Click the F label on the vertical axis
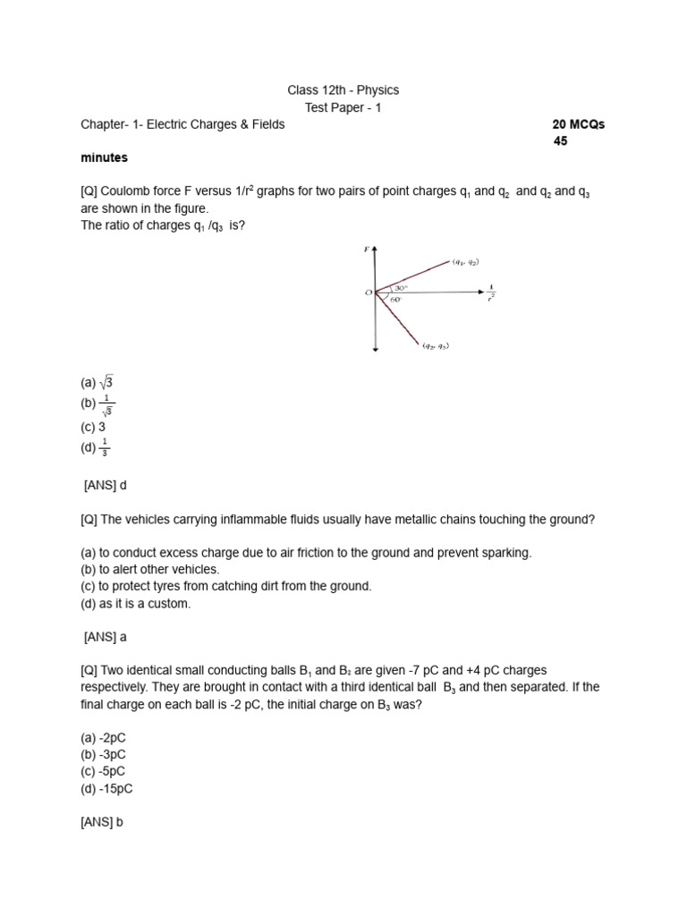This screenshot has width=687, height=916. (x=366, y=250)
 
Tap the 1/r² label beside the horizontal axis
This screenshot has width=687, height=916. (x=492, y=293)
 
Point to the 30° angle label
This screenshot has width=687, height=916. (x=401, y=287)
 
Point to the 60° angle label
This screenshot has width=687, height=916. (x=395, y=300)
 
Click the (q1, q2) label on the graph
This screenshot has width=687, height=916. (x=465, y=262)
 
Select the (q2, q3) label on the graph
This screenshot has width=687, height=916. (x=436, y=346)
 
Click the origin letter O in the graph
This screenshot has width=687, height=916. (x=368, y=293)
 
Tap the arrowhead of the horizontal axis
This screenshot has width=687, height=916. (x=480, y=291)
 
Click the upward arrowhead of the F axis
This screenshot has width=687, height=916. (x=376, y=249)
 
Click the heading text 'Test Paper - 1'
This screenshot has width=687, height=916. (x=343, y=107)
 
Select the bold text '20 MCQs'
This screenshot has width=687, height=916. (x=579, y=124)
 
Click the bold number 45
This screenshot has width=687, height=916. (x=561, y=141)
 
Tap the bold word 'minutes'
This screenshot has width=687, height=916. (x=104, y=157)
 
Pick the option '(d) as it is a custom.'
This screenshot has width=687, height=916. (x=135, y=603)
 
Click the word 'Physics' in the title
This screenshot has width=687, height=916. (x=379, y=90)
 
